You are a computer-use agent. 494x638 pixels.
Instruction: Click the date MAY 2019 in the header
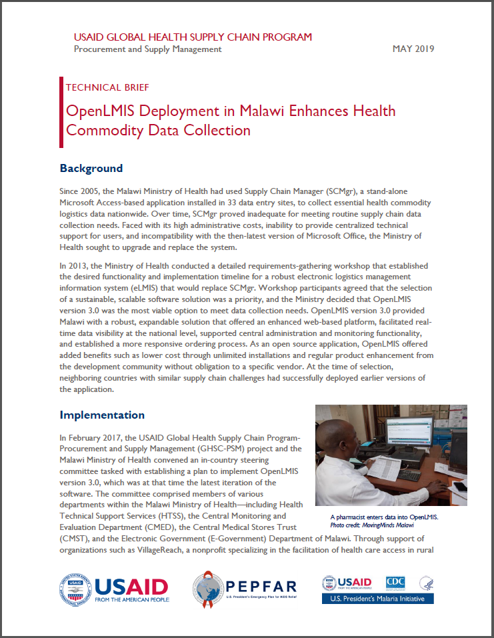413,49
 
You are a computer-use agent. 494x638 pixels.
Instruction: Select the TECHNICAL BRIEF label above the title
107,87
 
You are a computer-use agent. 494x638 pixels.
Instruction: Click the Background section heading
91,168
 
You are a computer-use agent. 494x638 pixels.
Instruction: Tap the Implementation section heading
102,415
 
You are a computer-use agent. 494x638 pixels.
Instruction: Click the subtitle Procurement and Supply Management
147,49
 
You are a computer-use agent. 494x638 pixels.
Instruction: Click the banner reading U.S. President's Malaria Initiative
377,599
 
